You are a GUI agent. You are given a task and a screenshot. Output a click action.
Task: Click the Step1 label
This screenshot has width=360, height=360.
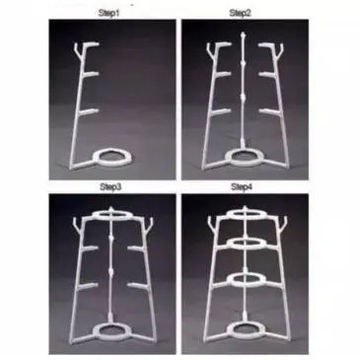point(109,14)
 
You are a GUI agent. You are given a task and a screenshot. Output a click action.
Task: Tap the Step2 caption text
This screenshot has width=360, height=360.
point(241,13)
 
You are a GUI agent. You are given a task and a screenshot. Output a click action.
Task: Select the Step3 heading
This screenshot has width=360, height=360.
point(110,187)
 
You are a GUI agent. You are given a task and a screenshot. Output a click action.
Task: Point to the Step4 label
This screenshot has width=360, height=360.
point(242,187)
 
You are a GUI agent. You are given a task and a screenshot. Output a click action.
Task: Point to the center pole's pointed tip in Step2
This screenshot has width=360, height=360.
point(243,34)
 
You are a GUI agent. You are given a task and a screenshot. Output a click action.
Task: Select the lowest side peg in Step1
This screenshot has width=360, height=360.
point(90,111)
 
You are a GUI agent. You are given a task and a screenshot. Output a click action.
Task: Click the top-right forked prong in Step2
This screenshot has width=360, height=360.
point(280,49)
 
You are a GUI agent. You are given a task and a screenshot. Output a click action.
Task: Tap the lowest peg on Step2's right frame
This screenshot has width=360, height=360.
point(268,111)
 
